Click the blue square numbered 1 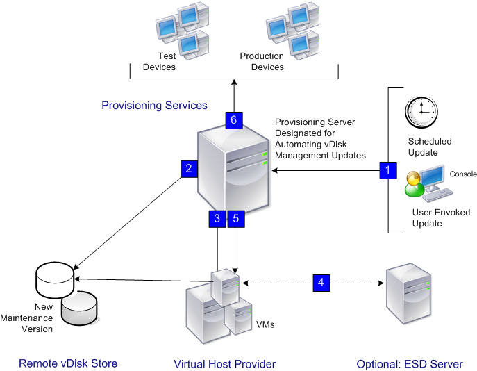coord(388,169)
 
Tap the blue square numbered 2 coord(188,168)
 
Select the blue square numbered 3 coord(217,218)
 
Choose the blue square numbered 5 coord(236,218)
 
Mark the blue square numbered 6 coord(234,119)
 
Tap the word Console coord(463,174)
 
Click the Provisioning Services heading coord(154,106)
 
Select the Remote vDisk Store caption coord(68,363)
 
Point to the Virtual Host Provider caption coord(224,364)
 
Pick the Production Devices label coord(262,62)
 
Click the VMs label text coord(266,324)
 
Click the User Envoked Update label coord(427,217)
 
